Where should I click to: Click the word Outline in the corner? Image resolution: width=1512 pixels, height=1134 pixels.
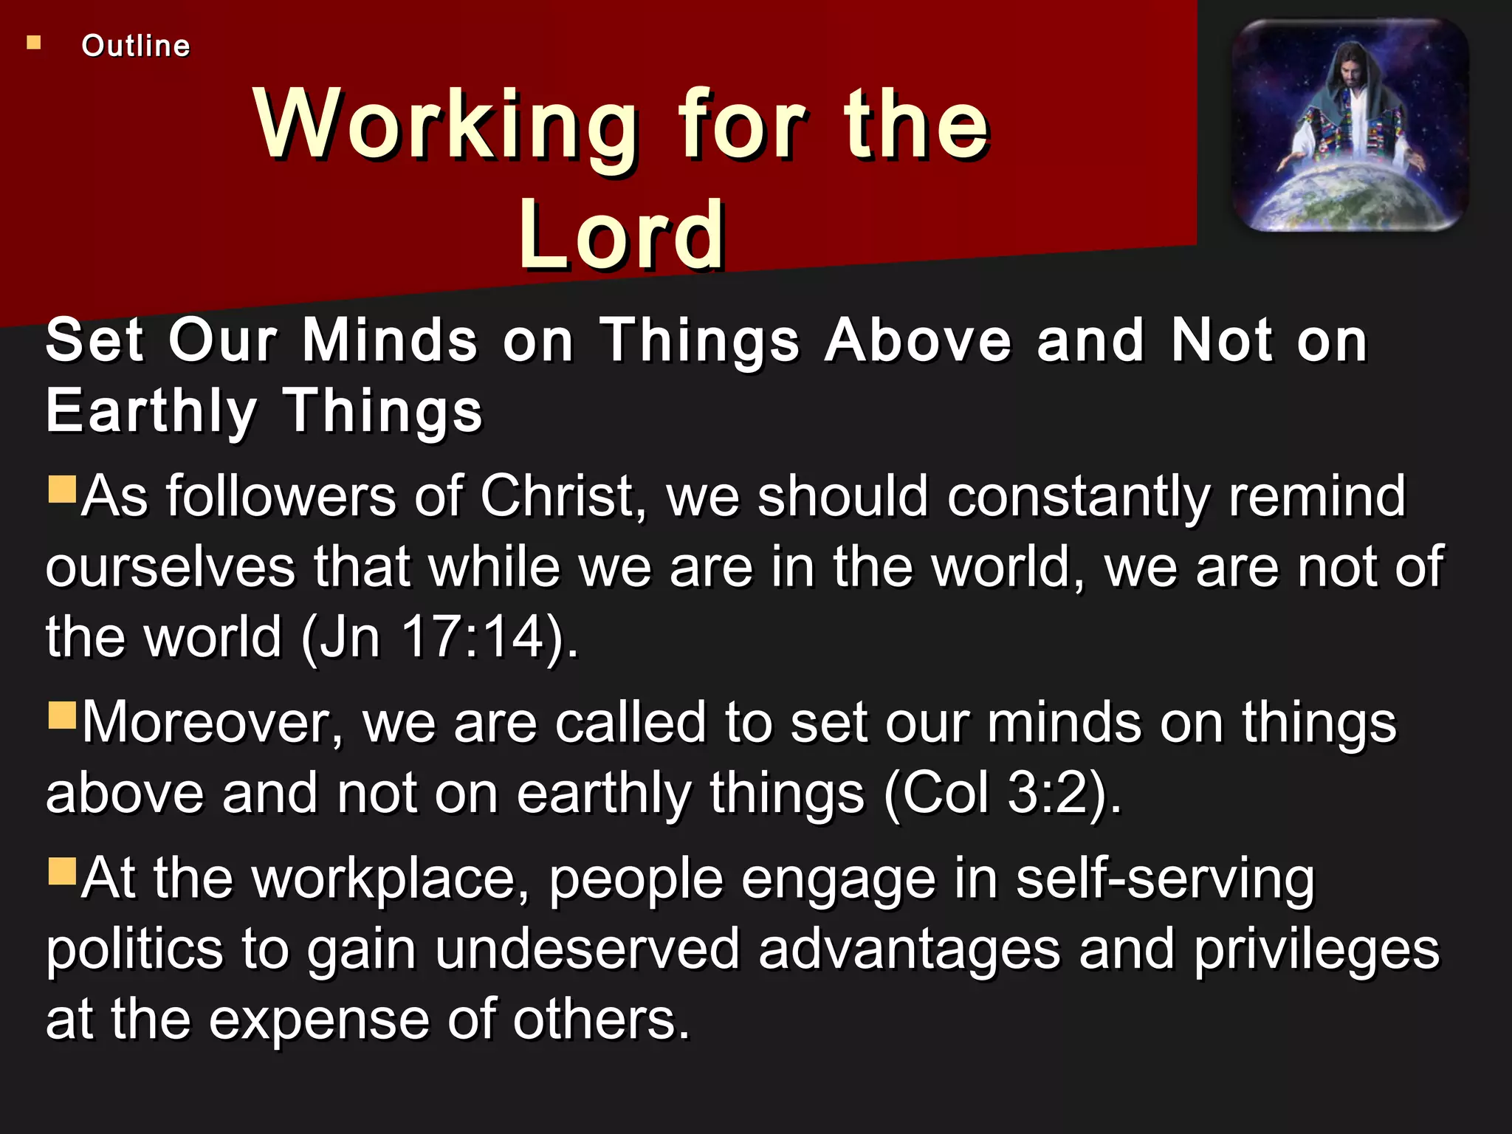(136, 46)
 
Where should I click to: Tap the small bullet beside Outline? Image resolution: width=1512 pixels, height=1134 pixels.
(33, 43)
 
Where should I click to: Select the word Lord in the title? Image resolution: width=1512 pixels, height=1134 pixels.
(622, 236)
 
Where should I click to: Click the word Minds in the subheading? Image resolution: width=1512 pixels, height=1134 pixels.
(390, 340)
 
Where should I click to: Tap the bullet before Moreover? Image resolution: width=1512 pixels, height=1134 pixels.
(63, 715)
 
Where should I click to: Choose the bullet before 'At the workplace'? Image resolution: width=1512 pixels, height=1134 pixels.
(63, 871)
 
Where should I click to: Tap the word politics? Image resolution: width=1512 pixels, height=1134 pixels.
(134, 950)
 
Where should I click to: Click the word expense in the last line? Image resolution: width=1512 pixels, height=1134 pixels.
(319, 1020)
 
